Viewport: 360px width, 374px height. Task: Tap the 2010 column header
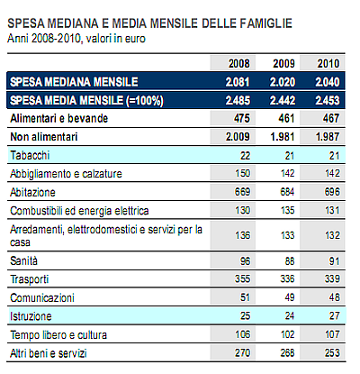click(328, 63)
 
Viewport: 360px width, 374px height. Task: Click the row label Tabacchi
click(31, 155)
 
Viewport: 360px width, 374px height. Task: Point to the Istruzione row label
click(31, 317)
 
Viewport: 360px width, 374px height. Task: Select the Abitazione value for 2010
click(331, 193)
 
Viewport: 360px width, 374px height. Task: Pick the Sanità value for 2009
click(286, 261)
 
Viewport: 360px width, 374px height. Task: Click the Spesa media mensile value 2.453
click(328, 99)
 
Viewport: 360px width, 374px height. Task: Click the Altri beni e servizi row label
click(49, 353)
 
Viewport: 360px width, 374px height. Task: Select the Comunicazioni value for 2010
click(334, 298)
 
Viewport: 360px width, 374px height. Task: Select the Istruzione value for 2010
click(334, 317)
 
